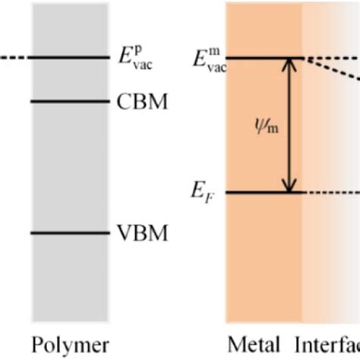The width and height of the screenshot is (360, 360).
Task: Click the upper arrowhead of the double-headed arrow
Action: (x=289, y=65)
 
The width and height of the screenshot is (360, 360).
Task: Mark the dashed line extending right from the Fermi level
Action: (x=330, y=192)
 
